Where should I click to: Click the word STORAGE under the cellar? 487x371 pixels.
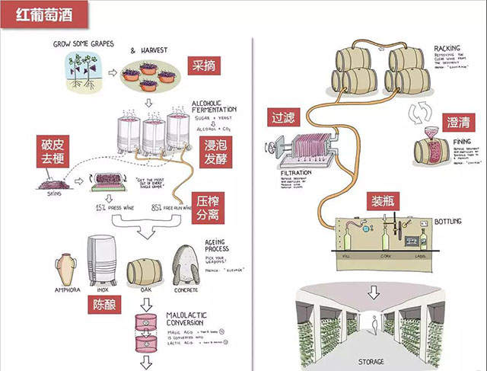click(373, 361)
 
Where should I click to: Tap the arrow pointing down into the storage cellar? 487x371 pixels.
click(373, 292)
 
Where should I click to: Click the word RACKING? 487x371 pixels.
click(446, 49)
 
